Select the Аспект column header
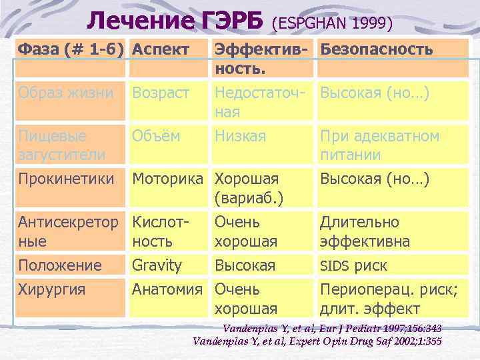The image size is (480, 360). click(161, 49)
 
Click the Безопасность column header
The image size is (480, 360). click(377, 49)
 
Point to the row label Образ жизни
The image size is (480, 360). click(66, 93)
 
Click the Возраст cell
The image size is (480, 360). click(161, 93)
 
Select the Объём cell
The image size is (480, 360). click(156, 136)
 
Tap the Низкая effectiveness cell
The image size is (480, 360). click(240, 136)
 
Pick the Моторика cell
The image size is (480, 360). click(167, 179)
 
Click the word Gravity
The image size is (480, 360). click(157, 265)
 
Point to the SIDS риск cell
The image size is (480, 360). click(353, 265)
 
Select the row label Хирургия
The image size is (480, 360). click(51, 289)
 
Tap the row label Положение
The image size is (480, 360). click(60, 265)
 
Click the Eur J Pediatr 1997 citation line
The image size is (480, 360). click(332, 329)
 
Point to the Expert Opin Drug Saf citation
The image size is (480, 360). click(317, 341)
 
